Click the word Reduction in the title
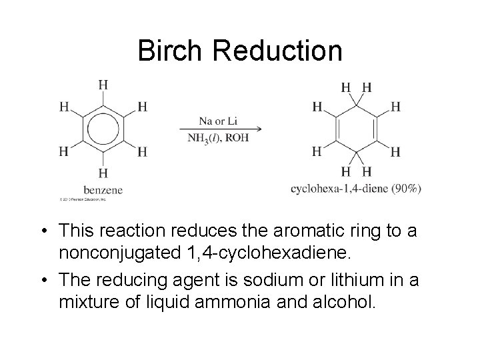279,51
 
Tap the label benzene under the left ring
103,191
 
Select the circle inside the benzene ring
103,129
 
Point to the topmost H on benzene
103,85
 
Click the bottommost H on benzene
103,173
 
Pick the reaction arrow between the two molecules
219,129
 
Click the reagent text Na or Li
218,121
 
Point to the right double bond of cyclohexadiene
377,129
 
